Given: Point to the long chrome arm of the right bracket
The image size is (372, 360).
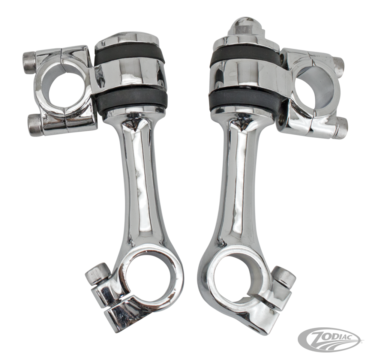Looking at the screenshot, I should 234,187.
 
